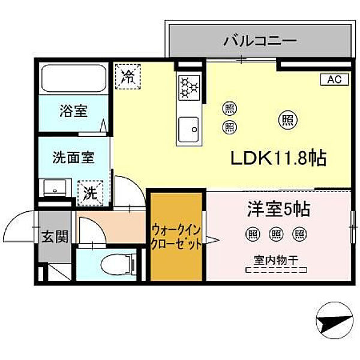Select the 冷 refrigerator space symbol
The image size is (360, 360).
coord(127,76)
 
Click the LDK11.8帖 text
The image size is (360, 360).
coord(278,158)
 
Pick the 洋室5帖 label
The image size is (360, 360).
coord(278,209)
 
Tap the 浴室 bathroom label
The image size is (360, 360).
coord(73,110)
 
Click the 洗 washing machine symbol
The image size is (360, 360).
coord(88,193)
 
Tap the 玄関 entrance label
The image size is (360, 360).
coord(53,236)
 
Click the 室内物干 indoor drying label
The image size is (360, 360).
coord(277,259)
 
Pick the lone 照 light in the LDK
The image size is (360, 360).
coord(287,119)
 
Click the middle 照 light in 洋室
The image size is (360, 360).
coord(276,233)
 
